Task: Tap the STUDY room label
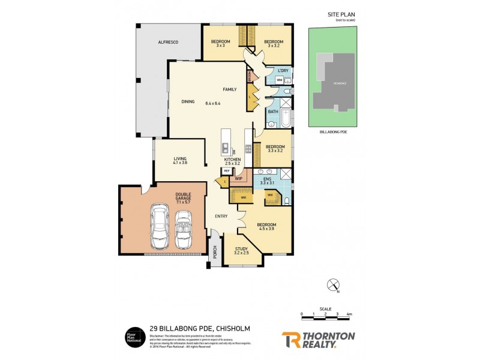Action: point(241,248)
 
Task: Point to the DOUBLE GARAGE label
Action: point(183,196)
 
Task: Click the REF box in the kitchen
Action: point(227,171)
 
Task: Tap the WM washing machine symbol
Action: point(280,80)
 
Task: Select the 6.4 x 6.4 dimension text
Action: point(213,103)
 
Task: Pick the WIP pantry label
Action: point(238,178)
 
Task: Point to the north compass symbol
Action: point(334,285)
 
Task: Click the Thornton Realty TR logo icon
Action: point(292,340)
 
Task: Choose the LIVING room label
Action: point(180,158)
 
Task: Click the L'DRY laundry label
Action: point(283,71)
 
